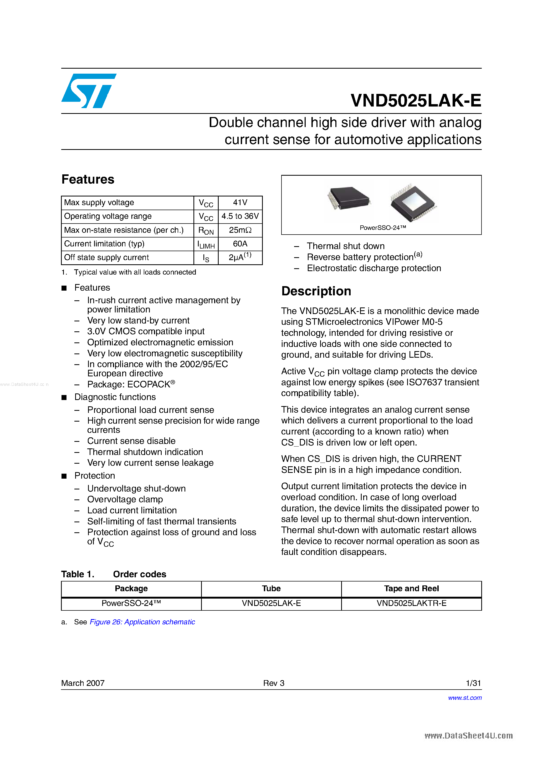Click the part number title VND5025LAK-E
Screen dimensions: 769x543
tap(416, 100)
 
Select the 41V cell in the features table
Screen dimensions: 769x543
tap(240, 203)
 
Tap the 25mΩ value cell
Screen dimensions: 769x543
tap(240, 230)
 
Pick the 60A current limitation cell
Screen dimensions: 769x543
tap(240, 244)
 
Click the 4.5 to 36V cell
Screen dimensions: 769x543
tap(240, 216)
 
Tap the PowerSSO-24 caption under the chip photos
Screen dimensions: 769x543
tap(383, 228)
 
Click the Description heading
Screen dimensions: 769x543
tap(316, 291)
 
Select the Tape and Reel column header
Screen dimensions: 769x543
tap(411, 589)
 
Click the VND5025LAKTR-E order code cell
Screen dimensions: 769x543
tap(411, 603)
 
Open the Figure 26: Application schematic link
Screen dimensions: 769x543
tap(142, 622)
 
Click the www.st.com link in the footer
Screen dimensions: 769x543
tap(465, 698)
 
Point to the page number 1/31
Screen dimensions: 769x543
tap(473, 683)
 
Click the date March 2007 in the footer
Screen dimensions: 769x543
tap(83, 683)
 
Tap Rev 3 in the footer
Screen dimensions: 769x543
tap(274, 683)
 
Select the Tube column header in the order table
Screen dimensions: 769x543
tap(271, 589)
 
